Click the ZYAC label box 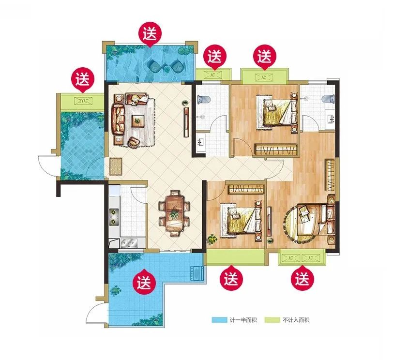pyautogui.click(x=83, y=101)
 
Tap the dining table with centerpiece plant pyautogui.click(x=174, y=213)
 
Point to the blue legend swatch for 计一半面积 pyautogui.click(x=219, y=320)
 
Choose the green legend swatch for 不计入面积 pyautogui.click(x=272, y=320)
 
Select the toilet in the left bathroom pyautogui.click(x=202, y=100)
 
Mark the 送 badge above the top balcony pyautogui.click(x=150, y=35)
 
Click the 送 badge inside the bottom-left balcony pyautogui.click(x=144, y=281)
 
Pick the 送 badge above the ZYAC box pyautogui.click(x=83, y=80)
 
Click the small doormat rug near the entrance pyautogui.click(x=116, y=166)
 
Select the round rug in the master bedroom pyautogui.click(x=297, y=223)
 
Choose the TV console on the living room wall pyautogui.click(x=186, y=122)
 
